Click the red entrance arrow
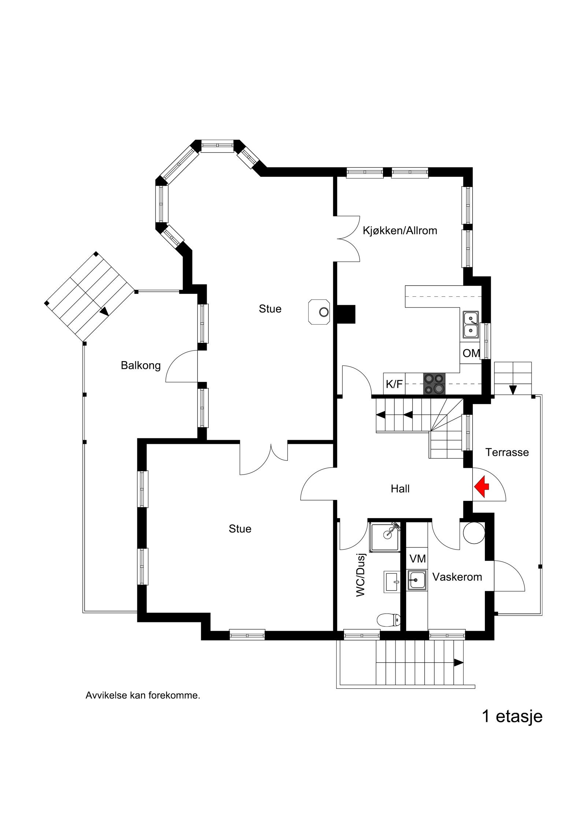coord(483,487)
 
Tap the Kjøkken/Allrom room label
coord(400,231)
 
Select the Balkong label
coord(141,366)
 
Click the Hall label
coord(400,489)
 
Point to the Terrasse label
coord(507,452)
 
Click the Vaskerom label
coord(457,577)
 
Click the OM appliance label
coord(471,353)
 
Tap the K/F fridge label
coord(394,384)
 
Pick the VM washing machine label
coord(418,559)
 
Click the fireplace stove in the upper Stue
coord(320,312)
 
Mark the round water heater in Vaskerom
coord(474,533)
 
